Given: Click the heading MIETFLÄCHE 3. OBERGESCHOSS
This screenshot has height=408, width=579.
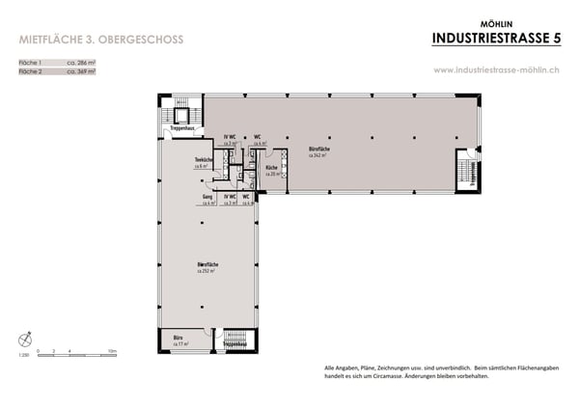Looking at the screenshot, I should pos(100,40).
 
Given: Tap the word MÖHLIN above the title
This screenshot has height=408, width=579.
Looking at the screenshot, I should pos(495,22).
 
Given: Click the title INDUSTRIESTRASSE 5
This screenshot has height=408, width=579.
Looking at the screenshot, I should pos(495,38).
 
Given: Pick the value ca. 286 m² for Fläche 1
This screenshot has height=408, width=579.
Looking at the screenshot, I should pos(82,62).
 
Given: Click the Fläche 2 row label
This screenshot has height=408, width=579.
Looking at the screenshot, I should pos(32,70).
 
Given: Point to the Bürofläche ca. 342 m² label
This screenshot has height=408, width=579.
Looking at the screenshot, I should pos(319,151).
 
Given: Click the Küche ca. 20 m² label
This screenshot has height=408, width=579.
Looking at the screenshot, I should pos(272,171).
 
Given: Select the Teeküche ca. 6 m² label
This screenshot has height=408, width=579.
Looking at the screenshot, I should pos(203,163).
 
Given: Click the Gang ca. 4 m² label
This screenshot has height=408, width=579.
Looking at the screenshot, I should pos(207,200).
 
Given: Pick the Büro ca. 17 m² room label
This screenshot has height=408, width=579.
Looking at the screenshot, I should pos(179,340).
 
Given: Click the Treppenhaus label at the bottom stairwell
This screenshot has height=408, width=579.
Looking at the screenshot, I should pos(234,343).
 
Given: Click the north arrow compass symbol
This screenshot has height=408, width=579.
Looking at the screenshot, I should pos(24,339).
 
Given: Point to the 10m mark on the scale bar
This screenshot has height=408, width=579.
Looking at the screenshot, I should pos(112,351).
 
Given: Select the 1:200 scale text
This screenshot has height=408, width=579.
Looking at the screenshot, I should pos(23,355).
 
